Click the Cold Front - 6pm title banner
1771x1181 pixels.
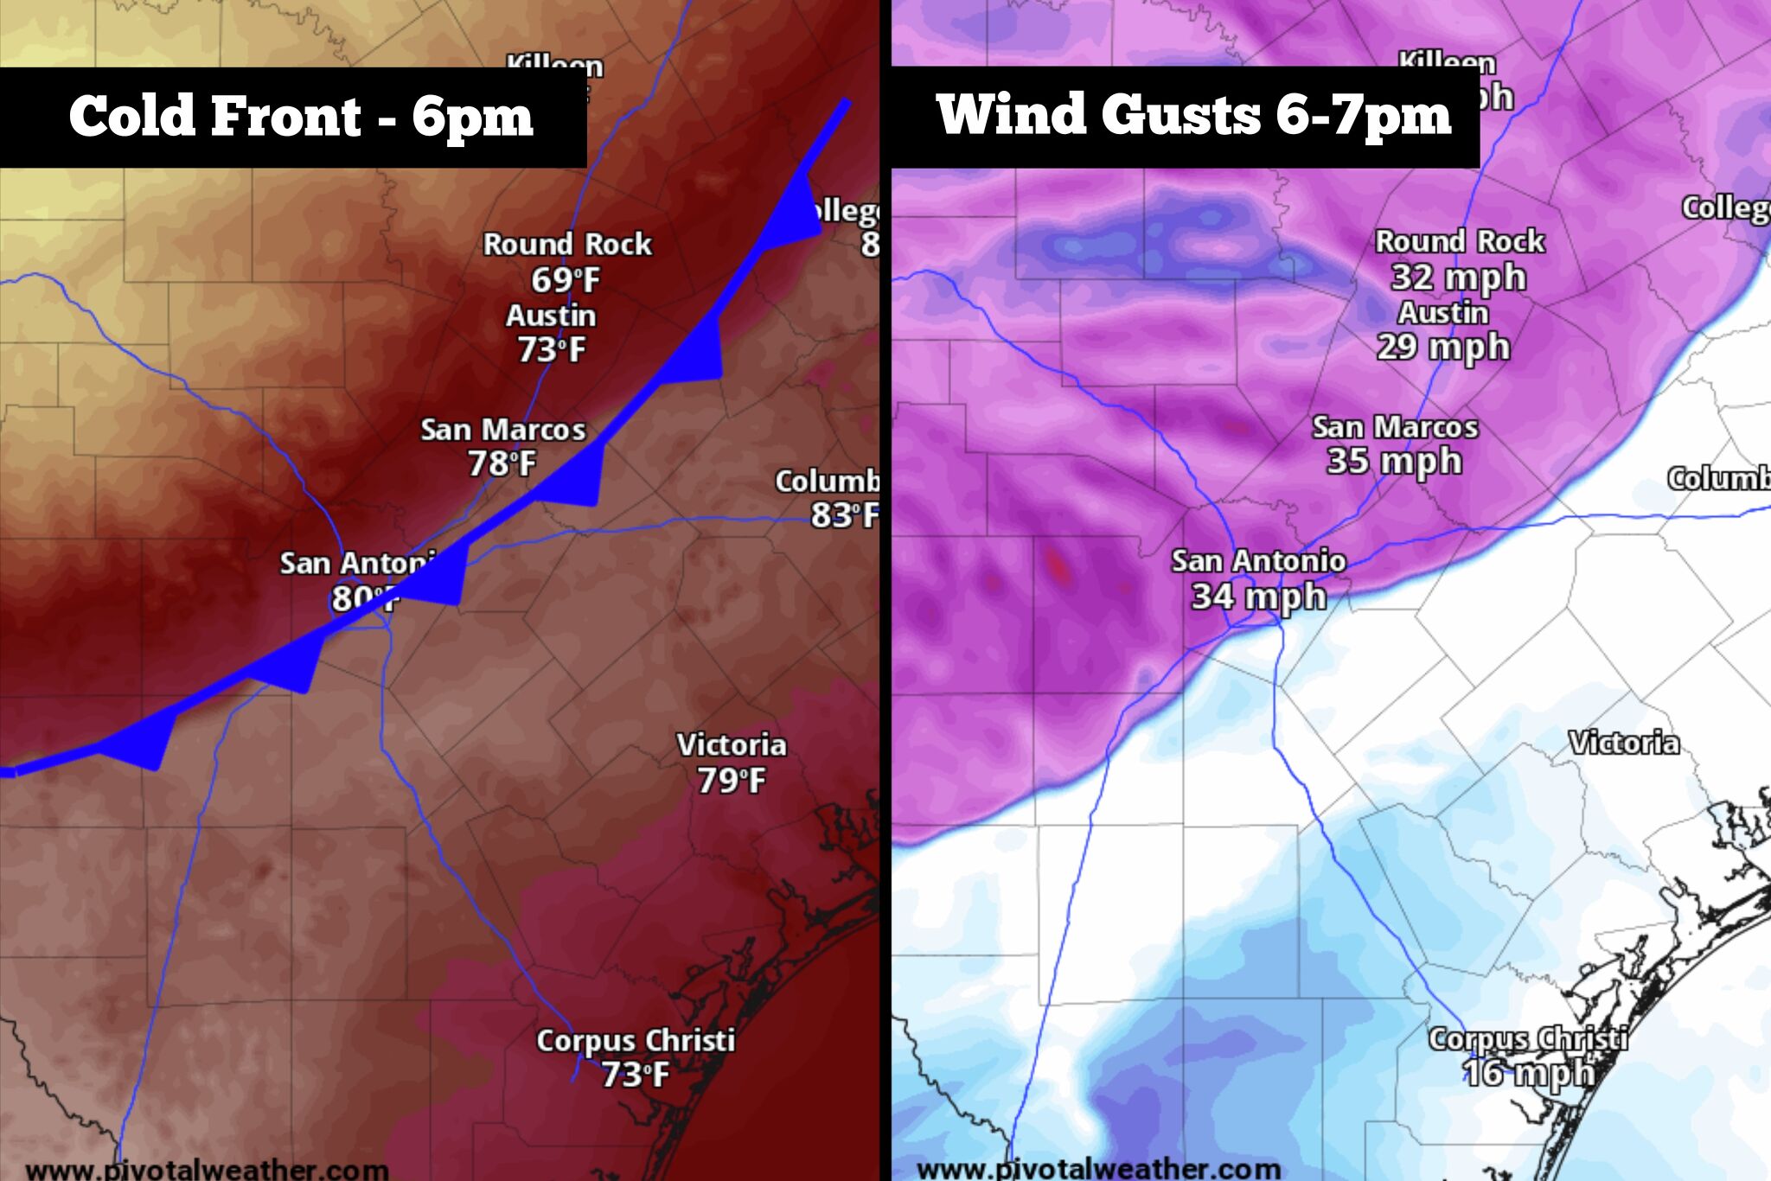tap(294, 116)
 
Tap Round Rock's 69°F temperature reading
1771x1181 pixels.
tap(565, 279)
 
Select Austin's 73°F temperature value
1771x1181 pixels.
tap(551, 349)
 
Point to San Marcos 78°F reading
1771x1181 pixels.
tap(502, 464)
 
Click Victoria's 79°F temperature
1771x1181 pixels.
tap(731, 780)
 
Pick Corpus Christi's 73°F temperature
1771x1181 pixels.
tap(635, 1075)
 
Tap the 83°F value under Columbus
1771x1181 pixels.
tap(843, 515)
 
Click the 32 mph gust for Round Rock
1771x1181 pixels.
tap(1458, 278)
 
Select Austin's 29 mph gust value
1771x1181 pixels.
tap(1442, 347)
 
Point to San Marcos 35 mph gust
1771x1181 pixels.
tap(1393, 461)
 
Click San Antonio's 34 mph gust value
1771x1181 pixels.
tap(1258, 596)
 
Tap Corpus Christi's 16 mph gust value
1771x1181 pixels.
tap(1527, 1073)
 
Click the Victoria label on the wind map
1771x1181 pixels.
tap(1623, 743)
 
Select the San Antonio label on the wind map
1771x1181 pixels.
tap(1258, 561)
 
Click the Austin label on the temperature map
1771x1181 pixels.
tap(551, 316)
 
